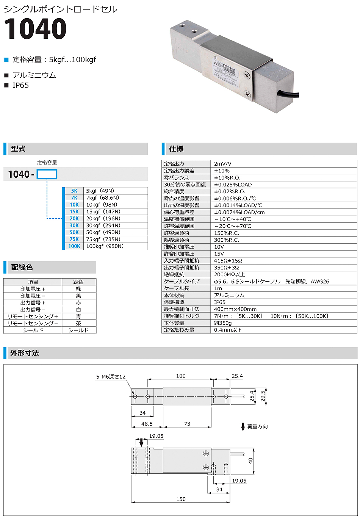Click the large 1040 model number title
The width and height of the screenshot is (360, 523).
(x=35, y=29)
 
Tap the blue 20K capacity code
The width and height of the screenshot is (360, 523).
(x=74, y=219)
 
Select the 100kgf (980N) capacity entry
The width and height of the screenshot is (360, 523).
(x=105, y=246)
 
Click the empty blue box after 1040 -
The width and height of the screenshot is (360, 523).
(x=47, y=174)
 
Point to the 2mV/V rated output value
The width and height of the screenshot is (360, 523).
(x=222, y=164)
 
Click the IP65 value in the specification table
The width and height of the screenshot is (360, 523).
(x=220, y=302)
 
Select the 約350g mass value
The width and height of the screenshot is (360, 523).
(x=223, y=323)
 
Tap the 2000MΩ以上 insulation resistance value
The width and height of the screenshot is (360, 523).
(x=229, y=275)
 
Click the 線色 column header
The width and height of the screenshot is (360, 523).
(x=78, y=282)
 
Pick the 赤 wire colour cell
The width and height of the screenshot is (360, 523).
(x=78, y=303)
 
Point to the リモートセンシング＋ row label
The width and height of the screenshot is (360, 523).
(x=33, y=316)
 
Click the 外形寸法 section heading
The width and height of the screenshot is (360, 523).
(x=25, y=353)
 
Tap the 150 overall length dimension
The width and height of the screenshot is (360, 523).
(x=181, y=499)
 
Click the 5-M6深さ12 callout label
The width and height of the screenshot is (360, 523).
(x=111, y=377)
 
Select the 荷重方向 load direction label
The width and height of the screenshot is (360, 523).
(x=257, y=427)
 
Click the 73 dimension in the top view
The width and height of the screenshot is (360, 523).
(x=187, y=424)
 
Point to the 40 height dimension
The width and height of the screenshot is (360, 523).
(x=250, y=461)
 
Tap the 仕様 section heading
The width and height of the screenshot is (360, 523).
(x=176, y=149)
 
